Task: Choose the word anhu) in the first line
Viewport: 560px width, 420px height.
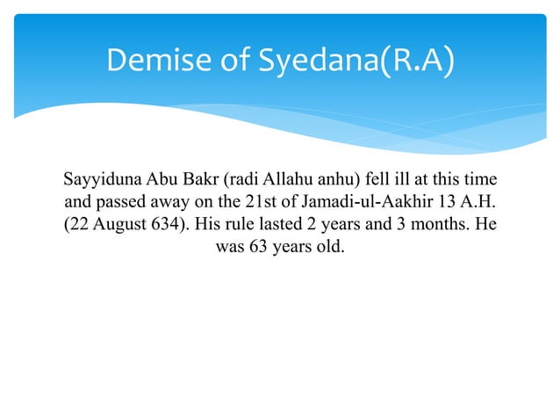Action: (340, 183)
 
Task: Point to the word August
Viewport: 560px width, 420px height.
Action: (116, 225)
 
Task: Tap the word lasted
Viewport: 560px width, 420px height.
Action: (284, 225)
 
